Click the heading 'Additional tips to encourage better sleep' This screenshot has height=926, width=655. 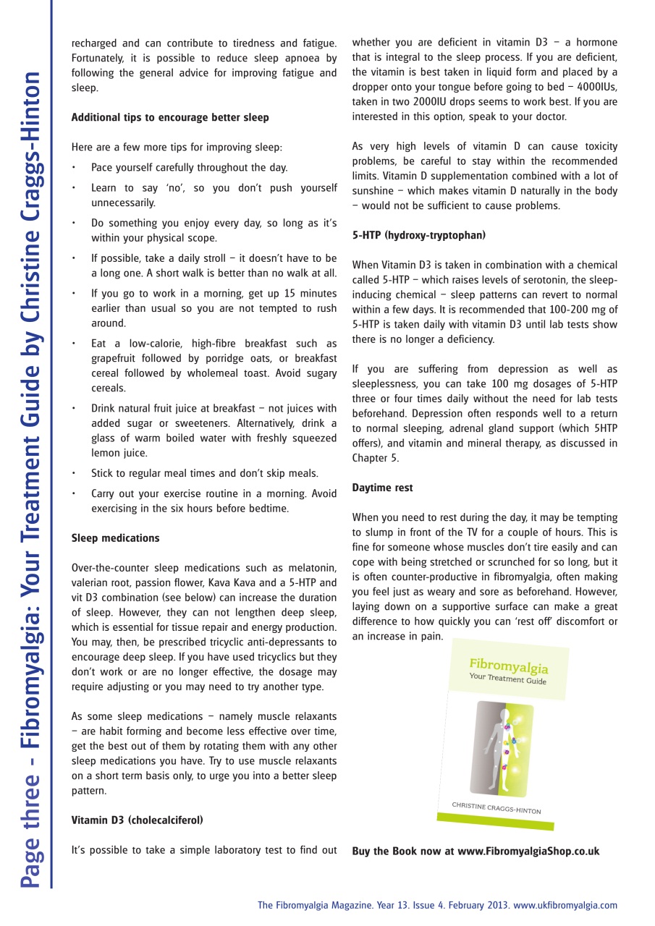[x=170, y=117]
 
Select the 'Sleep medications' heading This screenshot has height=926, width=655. [x=116, y=538]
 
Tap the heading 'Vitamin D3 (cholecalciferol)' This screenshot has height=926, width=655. [x=138, y=820]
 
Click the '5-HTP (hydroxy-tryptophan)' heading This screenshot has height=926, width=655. [x=419, y=235]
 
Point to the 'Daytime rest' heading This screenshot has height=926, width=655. [x=383, y=488]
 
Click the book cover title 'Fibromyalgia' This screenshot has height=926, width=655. [x=509, y=665]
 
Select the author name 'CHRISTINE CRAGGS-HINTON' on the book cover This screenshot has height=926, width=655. [x=496, y=807]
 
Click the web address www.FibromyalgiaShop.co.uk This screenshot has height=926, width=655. [x=528, y=851]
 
